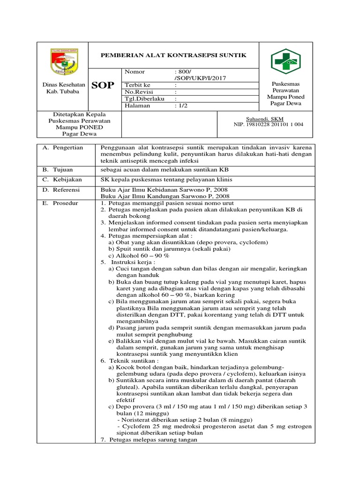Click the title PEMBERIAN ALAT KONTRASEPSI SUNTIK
pos(174,55)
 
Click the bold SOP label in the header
pos(102,85)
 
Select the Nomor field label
pos(135,72)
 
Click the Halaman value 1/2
pos(180,105)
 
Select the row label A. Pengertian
pos(63,148)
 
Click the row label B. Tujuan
pos(58,169)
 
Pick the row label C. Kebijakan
pos(62,180)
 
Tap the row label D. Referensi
pos(61,190)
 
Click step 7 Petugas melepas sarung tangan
pos(149,440)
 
